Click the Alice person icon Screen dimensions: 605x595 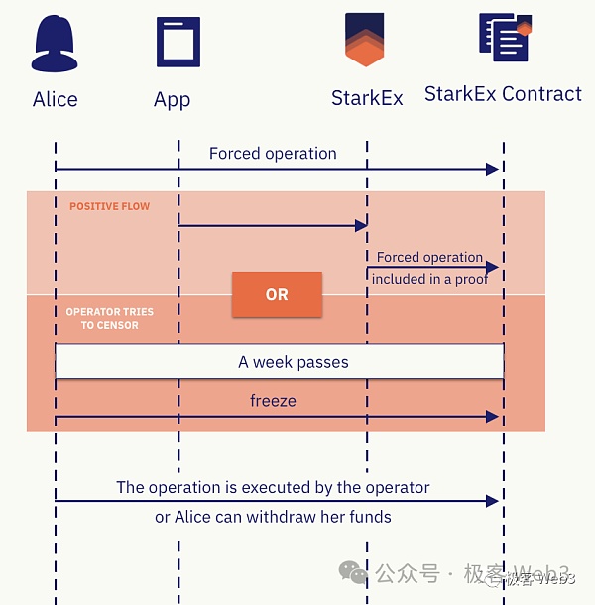[55, 44]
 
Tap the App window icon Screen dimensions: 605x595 [178, 42]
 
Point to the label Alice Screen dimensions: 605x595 [55, 99]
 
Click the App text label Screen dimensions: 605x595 [173, 99]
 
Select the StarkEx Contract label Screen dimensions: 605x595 [503, 94]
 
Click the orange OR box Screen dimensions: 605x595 [277, 294]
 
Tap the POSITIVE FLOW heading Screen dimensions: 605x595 [110, 206]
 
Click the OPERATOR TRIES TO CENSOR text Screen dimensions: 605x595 [109, 318]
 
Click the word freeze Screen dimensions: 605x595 [273, 401]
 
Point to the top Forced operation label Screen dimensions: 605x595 [273, 154]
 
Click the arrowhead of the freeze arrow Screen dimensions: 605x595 [493, 417]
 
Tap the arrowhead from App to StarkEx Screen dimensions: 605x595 [362, 226]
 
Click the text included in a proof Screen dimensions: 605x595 [429, 279]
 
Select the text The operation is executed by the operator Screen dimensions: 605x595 [273, 487]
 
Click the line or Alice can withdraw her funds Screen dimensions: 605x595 [273, 516]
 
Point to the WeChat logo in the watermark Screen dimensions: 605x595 [353, 572]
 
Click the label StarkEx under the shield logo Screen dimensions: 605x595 [367, 99]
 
